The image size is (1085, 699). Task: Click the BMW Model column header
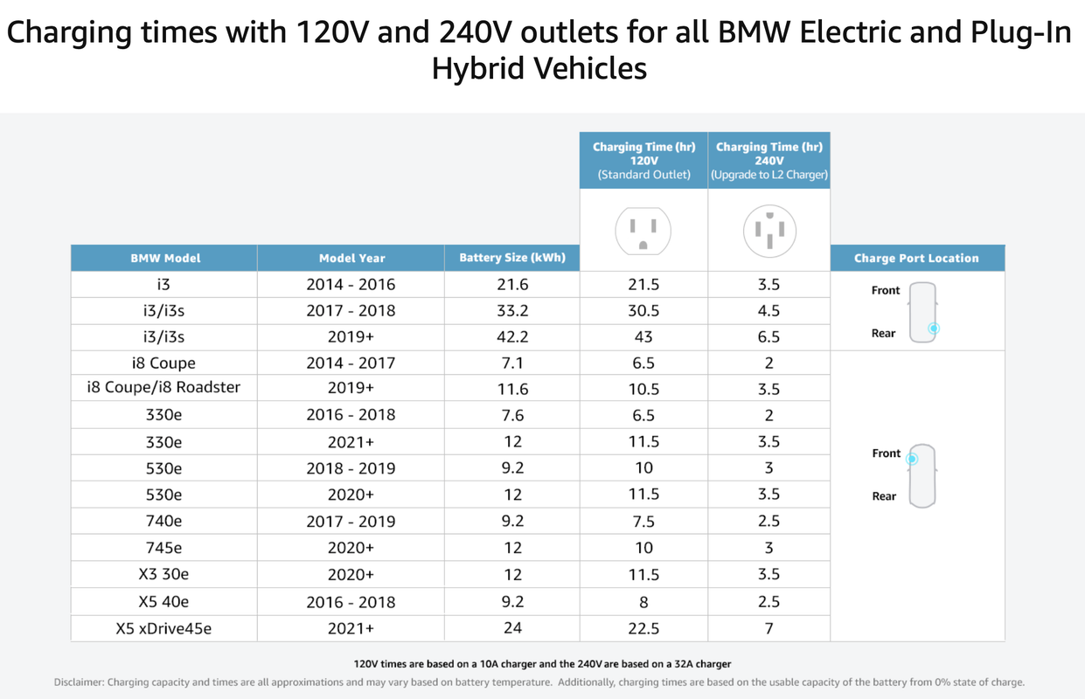(x=164, y=259)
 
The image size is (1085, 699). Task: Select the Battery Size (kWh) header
(x=512, y=258)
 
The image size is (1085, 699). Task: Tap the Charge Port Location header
(x=916, y=259)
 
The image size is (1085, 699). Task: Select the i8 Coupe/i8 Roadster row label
(x=163, y=388)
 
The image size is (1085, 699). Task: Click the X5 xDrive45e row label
(x=163, y=628)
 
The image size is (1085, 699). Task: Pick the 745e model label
(x=163, y=548)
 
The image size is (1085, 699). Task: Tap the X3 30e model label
(x=163, y=575)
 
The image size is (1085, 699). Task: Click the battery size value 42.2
(x=512, y=337)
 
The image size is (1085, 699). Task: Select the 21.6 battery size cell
(x=512, y=285)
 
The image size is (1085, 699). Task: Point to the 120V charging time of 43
(x=643, y=337)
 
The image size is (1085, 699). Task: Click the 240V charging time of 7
(x=769, y=628)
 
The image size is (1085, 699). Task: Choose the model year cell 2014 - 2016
(x=351, y=285)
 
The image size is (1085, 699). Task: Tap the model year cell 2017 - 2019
(x=351, y=522)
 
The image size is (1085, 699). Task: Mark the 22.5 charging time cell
(x=643, y=628)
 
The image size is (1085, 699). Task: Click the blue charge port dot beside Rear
(x=934, y=329)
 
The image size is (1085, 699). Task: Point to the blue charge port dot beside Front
(x=913, y=458)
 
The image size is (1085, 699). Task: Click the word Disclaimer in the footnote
(x=78, y=682)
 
